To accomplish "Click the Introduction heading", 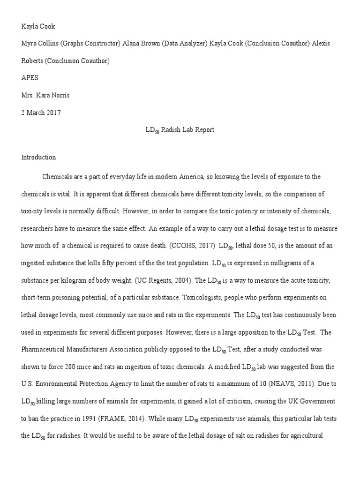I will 38,157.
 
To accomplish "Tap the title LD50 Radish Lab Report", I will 180,130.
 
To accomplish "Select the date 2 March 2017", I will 41,112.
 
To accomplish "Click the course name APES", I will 30,78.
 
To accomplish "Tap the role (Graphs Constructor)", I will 91,44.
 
